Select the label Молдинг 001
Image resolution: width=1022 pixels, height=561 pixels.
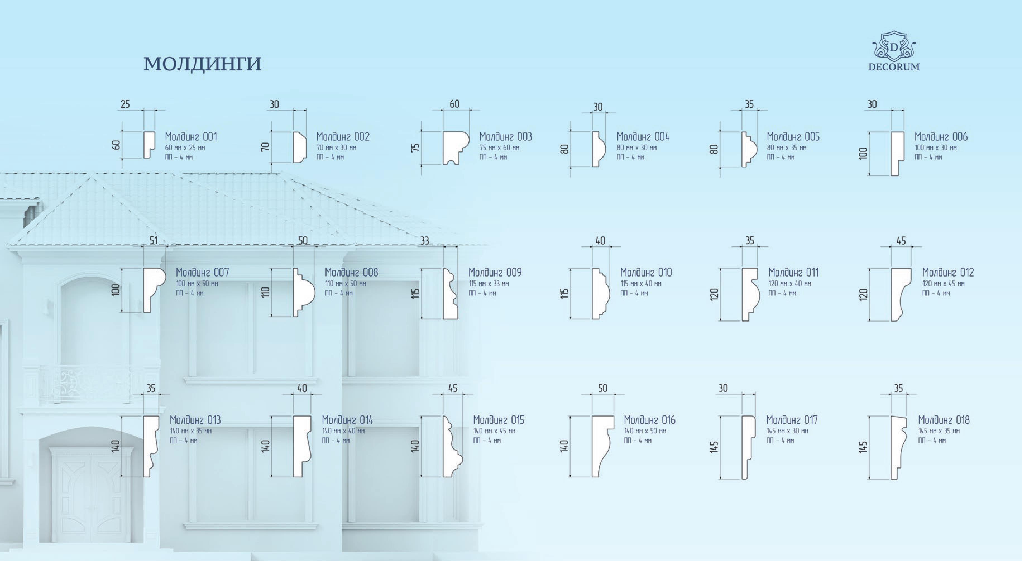pyautogui.click(x=191, y=137)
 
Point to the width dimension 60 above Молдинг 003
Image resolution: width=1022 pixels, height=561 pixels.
pyautogui.click(x=455, y=104)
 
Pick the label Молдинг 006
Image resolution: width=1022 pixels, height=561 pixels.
pyautogui.click(x=941, y=137)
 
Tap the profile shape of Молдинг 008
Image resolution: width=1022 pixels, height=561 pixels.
pyautogui.click(x=303, y=292)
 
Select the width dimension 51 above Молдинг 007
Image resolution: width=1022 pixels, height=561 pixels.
pyautogui.click(x=153, y=240)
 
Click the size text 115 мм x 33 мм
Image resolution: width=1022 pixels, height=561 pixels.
pyautogui.click(x=488, y=284)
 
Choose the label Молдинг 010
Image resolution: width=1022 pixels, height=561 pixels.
pyautogui.click(x=646, y=272)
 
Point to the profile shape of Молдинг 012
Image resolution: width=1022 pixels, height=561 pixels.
pyautogui.click(x=901, y=294)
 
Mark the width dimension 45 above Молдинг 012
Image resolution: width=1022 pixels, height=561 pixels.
pyautogui.click(x=901, y=240)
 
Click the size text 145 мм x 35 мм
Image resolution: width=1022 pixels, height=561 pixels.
pyautogui.click(x=939, y=431)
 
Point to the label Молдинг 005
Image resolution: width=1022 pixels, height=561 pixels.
pyautogui.click(x=793, y=137)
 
